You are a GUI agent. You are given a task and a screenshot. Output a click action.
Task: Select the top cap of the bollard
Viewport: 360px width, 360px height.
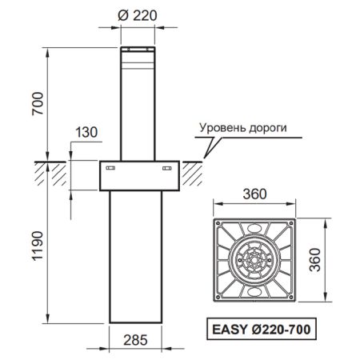139,50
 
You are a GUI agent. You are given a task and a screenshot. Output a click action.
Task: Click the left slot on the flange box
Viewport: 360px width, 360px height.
112,168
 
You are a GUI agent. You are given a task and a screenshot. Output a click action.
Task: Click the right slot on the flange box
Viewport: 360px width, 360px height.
167,168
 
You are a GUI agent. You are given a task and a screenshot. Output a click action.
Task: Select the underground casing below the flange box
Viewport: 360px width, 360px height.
139,256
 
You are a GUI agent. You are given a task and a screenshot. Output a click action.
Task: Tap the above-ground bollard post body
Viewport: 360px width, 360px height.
139,112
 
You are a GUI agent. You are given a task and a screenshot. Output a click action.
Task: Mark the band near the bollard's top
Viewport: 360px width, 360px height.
139,58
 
